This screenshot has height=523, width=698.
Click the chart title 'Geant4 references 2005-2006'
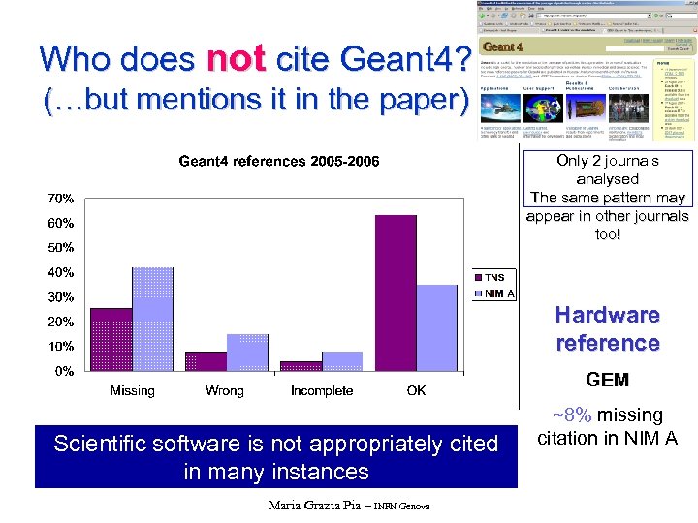coord(279,161)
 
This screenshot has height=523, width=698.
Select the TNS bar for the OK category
coord(395,292)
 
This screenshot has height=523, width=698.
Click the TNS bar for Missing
coord(111,339)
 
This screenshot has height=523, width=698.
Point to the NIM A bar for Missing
coord(152,319)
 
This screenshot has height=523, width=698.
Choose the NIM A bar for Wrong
coord(247,353)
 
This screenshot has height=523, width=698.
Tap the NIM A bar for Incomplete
coord(342,361)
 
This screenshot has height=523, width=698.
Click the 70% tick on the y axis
coord(62,199)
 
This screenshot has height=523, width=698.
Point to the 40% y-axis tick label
coord(62,272)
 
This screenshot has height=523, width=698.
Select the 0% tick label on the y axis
coord(65,371)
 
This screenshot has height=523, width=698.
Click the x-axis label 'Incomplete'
coord(322,391)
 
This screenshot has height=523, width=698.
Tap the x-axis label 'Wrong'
coord(225,391)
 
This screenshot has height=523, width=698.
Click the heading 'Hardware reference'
coord(608,328)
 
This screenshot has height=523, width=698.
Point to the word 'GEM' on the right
coord(608,380)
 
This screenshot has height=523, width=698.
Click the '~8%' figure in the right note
coord(574,415)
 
